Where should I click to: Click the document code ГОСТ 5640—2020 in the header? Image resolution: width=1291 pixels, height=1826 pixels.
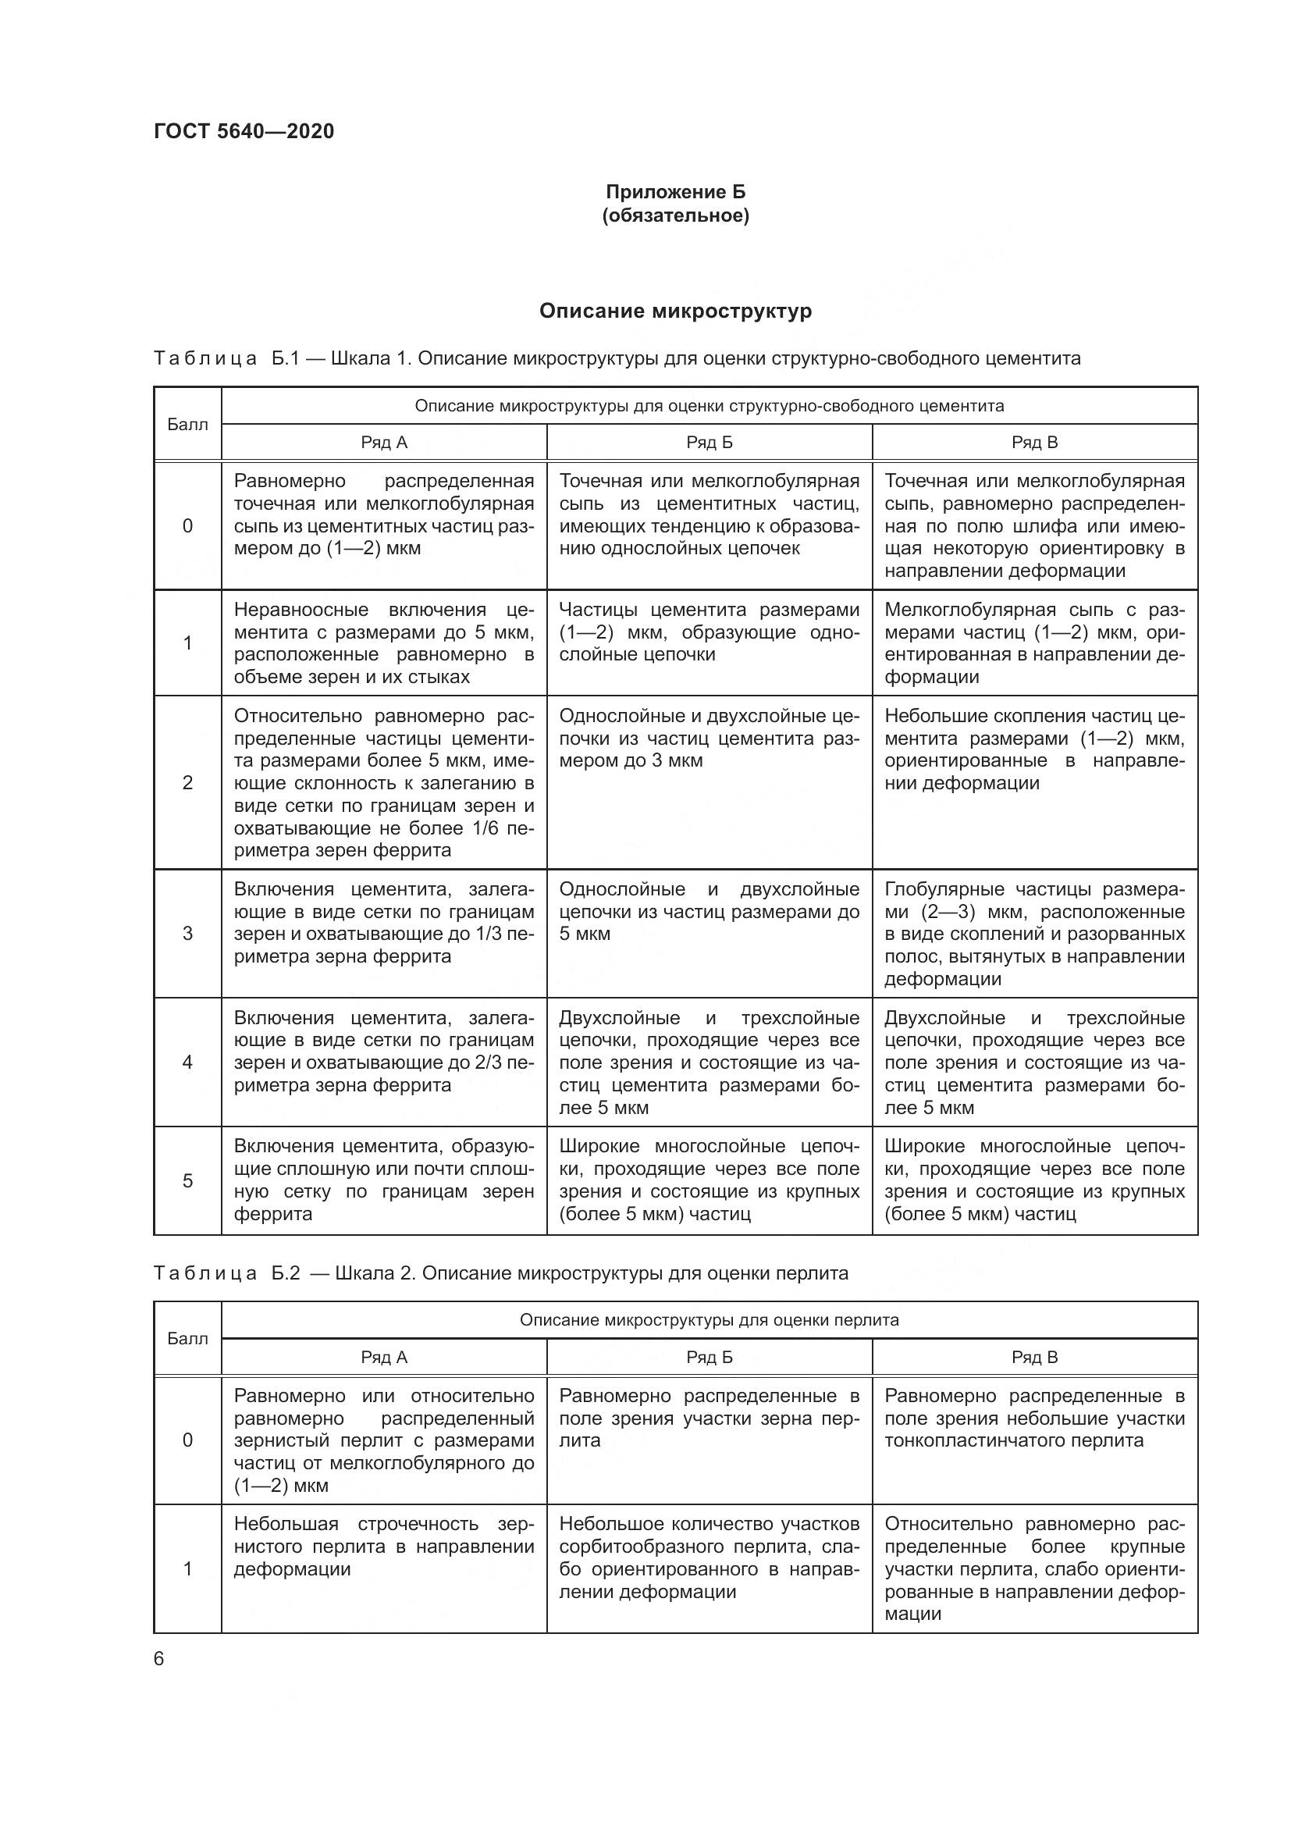click(244, 131)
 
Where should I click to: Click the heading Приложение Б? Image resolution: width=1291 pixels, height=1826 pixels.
click(675, 192)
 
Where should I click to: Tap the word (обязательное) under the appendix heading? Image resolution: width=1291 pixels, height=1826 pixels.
click(675, 215)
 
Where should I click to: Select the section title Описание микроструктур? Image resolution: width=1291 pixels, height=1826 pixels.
click(675, 311)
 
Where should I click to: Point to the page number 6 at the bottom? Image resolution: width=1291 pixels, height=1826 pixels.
click(159, 1659)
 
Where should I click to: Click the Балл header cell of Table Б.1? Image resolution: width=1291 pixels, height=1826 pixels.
click(187, 425)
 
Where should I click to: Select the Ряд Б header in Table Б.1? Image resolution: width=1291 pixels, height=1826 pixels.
click(709, 443)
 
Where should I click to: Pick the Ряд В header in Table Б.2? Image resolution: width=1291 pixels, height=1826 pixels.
click(1034, 1358)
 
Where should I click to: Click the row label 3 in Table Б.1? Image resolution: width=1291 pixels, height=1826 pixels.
click(187, 934)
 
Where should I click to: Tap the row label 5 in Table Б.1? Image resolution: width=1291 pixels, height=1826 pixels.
click(187, 1181)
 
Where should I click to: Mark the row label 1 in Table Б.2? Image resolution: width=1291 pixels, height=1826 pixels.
click(187, 1569)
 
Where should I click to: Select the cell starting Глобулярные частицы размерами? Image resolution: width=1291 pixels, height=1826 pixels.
click(1034, 934)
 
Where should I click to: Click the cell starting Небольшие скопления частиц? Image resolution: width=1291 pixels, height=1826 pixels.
click(1034, 749)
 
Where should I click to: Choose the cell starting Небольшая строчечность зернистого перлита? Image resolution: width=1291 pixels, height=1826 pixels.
click(384, 1546)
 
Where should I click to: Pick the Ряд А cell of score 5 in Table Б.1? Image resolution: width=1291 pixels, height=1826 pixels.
click(384, 1180)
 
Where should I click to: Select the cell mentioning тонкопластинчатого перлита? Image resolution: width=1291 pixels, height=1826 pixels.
click(1034, 1418)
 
